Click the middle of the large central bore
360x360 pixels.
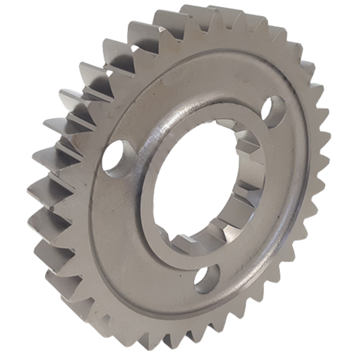tap(201, 183)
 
